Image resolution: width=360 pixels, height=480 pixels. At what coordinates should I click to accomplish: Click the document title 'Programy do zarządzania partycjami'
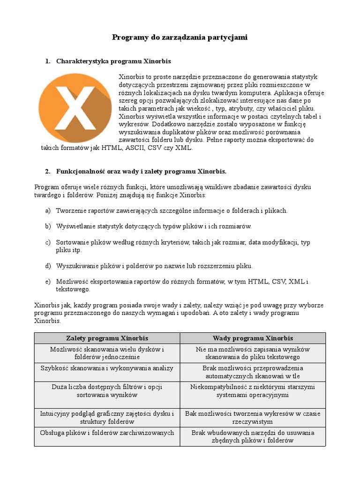coord(180,37)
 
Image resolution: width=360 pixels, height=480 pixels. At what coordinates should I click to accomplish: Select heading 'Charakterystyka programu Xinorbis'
coord(113,61)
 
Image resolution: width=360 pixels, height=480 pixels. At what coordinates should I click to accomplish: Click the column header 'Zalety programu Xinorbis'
coord(107,338)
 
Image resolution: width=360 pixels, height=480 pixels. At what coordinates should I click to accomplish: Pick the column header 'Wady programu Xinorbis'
coord(253,338)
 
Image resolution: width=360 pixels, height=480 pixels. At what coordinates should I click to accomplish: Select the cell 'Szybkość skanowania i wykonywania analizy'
coord(107,368)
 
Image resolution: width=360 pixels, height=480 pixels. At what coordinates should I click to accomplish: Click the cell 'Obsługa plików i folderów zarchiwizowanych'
coord(107,433)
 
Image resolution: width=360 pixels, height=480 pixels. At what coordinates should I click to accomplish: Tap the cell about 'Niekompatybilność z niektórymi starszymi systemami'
coord(253,391)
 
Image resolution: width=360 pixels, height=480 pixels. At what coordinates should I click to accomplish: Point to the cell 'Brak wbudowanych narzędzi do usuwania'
coord(253,436)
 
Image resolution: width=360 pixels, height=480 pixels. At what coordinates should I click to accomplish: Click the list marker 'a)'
coord(48,211)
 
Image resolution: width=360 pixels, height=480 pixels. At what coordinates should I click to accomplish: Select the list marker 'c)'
coord(48,242)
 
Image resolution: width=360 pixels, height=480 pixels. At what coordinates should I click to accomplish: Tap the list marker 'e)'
coord(48,282)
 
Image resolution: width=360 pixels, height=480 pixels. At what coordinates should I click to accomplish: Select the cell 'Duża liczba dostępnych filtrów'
coord(107,391)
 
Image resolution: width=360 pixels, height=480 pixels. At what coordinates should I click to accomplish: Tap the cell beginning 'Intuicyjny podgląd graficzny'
coord(107,417)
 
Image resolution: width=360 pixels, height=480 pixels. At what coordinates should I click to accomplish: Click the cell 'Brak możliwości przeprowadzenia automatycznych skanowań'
coord(253,372)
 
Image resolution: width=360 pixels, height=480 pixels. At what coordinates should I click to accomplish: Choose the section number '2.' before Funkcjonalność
coord(48,171)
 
